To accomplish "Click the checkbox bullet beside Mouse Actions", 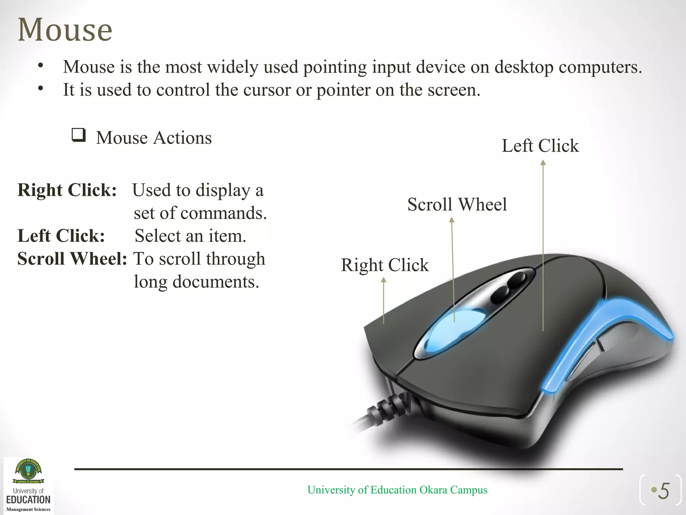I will pyautogui.click(x=79, y=135).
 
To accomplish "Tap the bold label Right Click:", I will pyautogui.click(x=67, y=190).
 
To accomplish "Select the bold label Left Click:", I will pyautogui.click(x=61, y=236).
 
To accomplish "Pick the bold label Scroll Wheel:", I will pyautogui.click(x=72, y=259).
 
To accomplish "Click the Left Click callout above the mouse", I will pyautogui.click(x=540, y=146).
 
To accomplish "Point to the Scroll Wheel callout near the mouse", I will pyautogui.click(x=457, y=205).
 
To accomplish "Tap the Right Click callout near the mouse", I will pyautogui.click(x=385, y=265).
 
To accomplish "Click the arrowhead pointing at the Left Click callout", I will pyautogui.click(x=543, y=163).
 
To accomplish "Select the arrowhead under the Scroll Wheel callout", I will pyautogui.click(x=452, y=220).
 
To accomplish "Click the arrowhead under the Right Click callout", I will pyautogui.click(x=384, y=280).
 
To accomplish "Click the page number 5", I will pyautogui.click(x=664, y=492).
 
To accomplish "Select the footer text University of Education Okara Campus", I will pyautogui.click(x=397, y=490).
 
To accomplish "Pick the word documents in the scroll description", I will pyautogui.click(x=216, y=282).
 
